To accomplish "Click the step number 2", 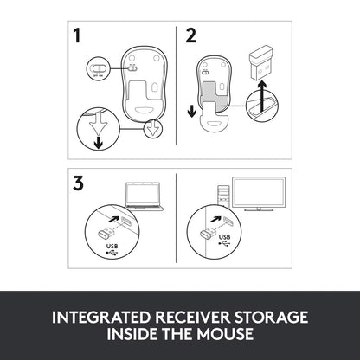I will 190,36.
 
